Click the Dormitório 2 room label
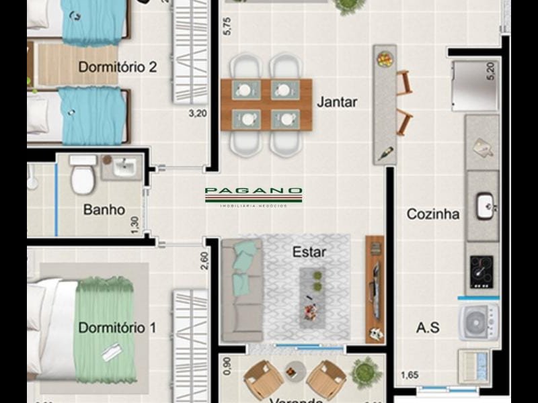click(118, 67)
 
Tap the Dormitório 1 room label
click(117, 328)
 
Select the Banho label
click(104, 210)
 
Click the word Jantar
click(337, 102)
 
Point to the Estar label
click(309, 253)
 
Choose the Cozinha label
click(433, 214)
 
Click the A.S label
click(428, 328)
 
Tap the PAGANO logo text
click(254, 191)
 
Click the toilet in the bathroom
click(83, 176)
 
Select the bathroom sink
click(123, 167)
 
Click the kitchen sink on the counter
click(485, 206)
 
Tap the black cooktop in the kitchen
click(481, 271)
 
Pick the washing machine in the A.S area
click(479, 321)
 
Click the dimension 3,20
click(197, 114)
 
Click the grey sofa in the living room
click(241, 289)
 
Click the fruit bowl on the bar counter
click(385, 59)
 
